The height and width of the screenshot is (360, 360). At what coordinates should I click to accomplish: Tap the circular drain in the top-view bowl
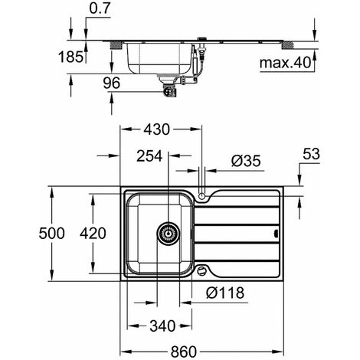(x=167, y=234)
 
